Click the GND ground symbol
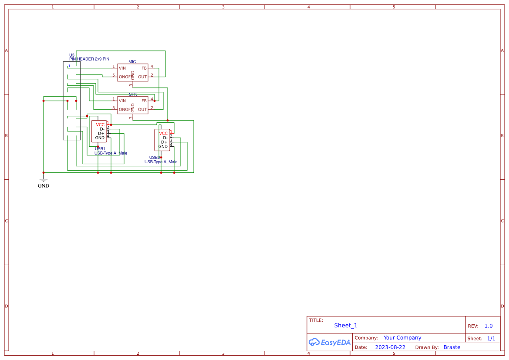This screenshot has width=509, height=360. point(44,180)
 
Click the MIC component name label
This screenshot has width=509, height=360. point(132,62)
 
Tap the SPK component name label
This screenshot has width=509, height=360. point(132,94)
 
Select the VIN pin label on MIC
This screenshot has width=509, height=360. point(122,68)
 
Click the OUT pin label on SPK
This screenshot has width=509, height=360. point(142,109)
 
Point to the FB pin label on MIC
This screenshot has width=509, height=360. point(144,68)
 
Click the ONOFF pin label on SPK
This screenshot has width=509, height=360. point(125,109)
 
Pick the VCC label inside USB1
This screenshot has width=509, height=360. point(100,124)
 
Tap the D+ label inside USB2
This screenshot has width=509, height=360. point(164,142)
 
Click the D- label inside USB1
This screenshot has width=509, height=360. point(102,129)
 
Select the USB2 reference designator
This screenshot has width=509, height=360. point(155,158)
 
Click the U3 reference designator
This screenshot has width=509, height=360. point(72,55)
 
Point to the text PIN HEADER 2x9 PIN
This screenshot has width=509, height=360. point(89,59)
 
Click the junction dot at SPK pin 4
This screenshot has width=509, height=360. point(154,101)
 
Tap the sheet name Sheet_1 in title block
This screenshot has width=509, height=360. point(346,325)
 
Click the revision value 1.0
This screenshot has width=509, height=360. point(489,326)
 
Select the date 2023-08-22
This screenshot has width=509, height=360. point(390,347)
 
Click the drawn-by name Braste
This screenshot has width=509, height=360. point(452,347)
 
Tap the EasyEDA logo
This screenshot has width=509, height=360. point(330,342)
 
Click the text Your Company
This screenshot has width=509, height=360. point(402,338)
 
